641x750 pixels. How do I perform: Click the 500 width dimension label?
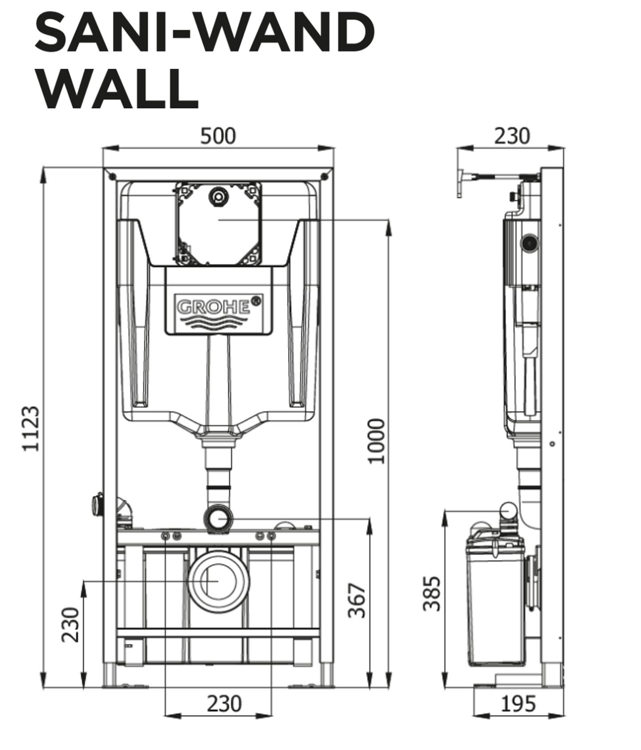pyautogui.click(x=217, y=136)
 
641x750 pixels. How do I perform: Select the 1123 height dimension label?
pyautogui.click(x=32, y=428)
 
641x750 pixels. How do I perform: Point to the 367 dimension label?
pyautogui.click(x=357, y=601)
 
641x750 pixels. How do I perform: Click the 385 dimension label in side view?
pyautogui.click(x=431, y=593)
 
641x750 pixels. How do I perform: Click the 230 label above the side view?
pyautogui.click(x=512, y=136)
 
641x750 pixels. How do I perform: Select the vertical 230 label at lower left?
pyautogui.click(x=71, y=624)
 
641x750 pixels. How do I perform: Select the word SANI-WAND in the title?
pyautogui.click(x=204, y=33)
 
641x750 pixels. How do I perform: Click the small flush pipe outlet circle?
pyautogui.click(x=218, y=518)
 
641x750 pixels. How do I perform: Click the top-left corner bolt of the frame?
pyautogui.click(x=112, y=176)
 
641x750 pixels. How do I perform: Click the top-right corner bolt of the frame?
pyautogui.click(x=325, y=176)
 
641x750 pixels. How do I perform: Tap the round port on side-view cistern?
pyautogui.click(x=530, y=242)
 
